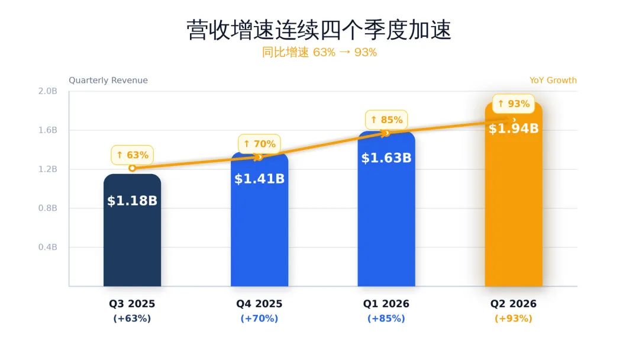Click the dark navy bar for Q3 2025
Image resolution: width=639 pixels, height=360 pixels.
[x=132, y=230]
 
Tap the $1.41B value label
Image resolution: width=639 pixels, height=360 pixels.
[x=259, y=179]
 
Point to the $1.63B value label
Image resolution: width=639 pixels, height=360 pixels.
[x=386, y=157]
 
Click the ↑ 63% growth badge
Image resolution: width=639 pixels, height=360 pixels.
[x=133, y=155]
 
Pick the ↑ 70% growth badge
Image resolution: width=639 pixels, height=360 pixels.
[x=259, y=144]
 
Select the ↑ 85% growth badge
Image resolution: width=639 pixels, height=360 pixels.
[x=386, y=120]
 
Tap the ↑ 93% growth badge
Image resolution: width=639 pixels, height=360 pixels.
[x=514, y=104]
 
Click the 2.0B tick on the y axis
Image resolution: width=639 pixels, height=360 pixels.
[x=48, y=91]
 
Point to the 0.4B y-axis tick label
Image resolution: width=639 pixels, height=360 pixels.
[x=48, y=247]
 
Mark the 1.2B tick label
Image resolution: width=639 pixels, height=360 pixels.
[x=48, y=169]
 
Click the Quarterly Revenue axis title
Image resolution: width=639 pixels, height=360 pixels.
[x=108, y=81]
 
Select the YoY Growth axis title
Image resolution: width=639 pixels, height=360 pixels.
[x=553, y=81]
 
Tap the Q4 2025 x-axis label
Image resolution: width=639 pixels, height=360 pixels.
[x=259, y=304]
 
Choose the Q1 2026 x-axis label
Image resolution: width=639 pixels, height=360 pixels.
[x=386, y=304]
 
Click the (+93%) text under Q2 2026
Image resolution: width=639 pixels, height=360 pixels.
[x=514, y=319]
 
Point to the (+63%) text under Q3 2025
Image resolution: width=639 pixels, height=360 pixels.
[x=132, y=319]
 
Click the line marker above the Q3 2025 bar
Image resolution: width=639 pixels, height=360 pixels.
[x=132, y=168]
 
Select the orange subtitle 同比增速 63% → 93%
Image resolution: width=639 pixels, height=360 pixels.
[x=319, y=52]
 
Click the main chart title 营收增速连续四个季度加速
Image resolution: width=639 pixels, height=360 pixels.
[x=319, y=30]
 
